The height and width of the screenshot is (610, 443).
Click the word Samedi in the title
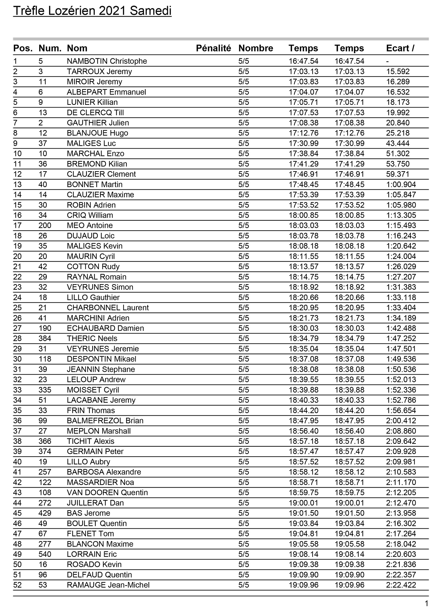151,11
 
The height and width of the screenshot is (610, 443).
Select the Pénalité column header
213,48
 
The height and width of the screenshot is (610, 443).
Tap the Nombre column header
255,48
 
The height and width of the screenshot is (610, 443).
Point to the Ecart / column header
400,48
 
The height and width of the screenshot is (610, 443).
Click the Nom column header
77,48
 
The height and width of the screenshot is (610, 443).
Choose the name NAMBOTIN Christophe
107,61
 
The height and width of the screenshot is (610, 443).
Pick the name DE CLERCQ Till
95,113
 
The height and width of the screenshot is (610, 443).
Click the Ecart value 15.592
398,71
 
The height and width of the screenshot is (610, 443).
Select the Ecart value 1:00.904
401,185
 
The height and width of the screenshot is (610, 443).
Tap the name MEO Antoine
89,226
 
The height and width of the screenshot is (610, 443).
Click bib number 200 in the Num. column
45,226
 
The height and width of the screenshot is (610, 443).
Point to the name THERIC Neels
92,339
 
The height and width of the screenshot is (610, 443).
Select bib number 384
45,339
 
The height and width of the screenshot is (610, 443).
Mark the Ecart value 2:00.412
401,421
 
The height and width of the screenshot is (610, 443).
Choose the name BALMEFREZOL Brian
105,421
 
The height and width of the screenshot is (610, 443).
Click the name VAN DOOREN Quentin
107,493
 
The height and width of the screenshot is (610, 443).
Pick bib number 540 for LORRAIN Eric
45,554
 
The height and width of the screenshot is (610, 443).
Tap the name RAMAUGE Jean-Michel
108,585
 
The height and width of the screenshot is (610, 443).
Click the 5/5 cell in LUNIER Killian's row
244,103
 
